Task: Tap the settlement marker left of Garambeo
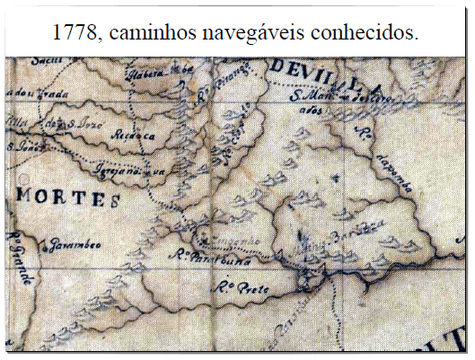pos(40,240)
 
